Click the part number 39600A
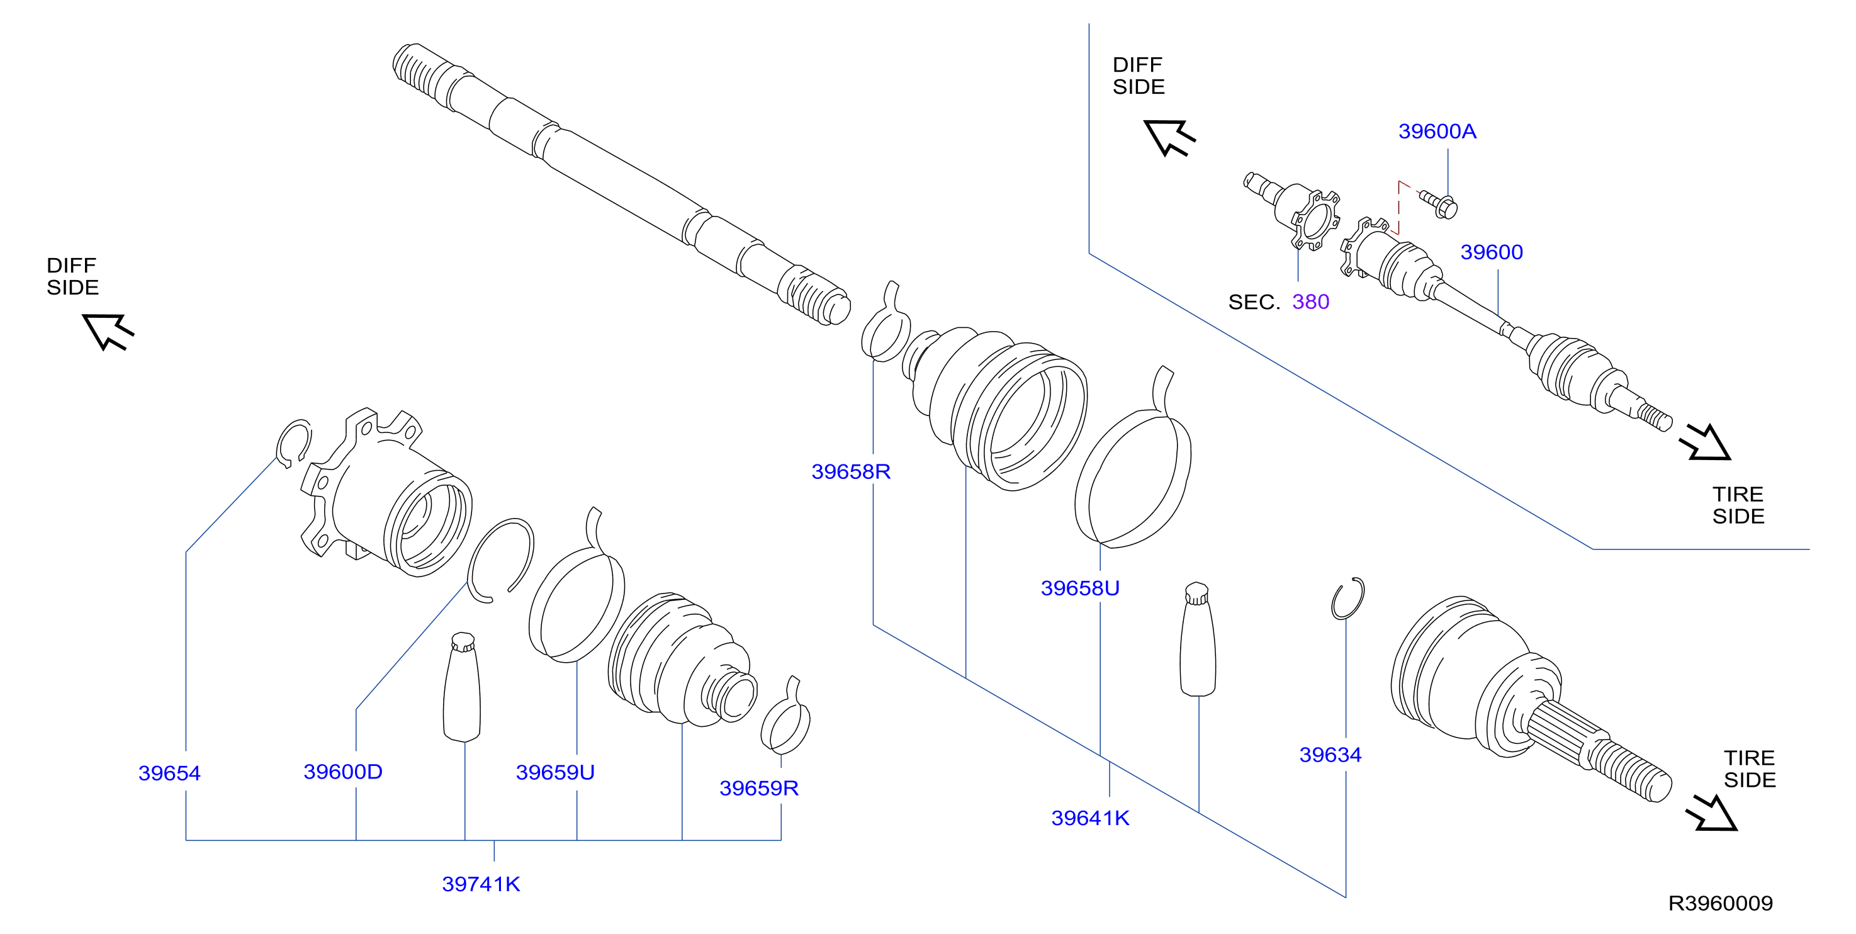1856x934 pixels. coord(1437,131)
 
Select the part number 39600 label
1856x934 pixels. coord(1492,252)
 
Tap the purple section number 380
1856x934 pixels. coord(1310,302)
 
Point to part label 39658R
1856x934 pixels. coord(851,471)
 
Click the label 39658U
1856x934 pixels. coord(1080,588)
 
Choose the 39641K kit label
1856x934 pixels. coord(1090,818)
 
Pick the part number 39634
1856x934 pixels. coord(1330,755)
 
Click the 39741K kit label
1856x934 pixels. coord(481,884)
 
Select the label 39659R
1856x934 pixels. coord(758,788)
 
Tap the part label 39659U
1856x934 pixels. coord(554,773)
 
